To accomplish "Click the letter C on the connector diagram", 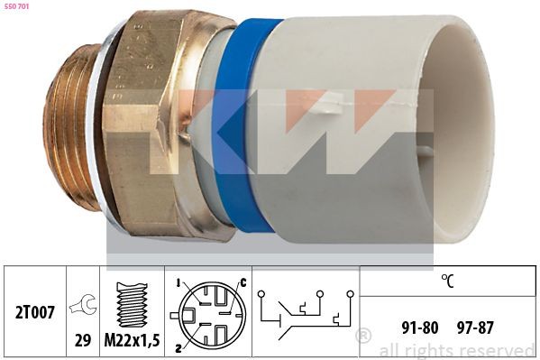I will (242, 283).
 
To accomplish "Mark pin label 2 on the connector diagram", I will (178, 346).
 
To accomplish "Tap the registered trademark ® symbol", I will (363, 337).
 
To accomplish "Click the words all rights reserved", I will (456, 350).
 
